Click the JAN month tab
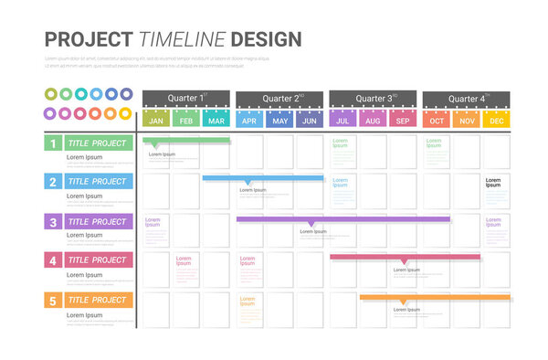pyautogui.click(x=156, y=120)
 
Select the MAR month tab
pyautogui.click(x=216, y=120)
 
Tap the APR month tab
pyautogui.click(x=249, y=120)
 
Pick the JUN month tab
pyautogui.click(x=310, y=120)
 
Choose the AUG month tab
pyautogui.click(x=373, y=120)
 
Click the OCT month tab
pyautogui.click(x=437, y=120)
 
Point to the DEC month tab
pyautogui.click(x=497, y=120)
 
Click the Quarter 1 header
pyautogui.click(x=186, y=99)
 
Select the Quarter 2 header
pyautogui.click(x=279, y=99)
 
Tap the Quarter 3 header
pyautogui.click(x=374, y=99)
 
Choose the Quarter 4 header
pyautogui.click(x=467, y=99)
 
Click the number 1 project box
pyautogui.click(x=53, y=143)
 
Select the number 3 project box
pyautogui.click(x=53, y=221)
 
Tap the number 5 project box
pyautogui.click(x=53, y=300)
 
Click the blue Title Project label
pyautogui.click(x=98, y=181)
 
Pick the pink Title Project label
pyautogui.click(x=98, y=259)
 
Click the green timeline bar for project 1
pyautogui.click(x=186, y=140)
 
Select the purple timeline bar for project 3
pyautogui.click(x=342, y=219)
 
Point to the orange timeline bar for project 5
pyautogui.click(x=435, y=298)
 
